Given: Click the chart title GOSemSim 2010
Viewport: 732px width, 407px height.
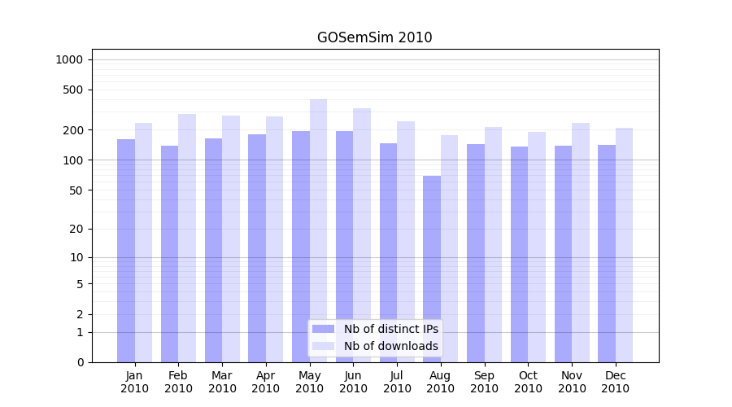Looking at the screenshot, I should [x=374, y=37].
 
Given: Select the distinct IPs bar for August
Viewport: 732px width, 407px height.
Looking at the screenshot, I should [x=432, y=269].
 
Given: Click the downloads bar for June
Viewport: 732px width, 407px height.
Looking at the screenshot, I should [x=362, y=235].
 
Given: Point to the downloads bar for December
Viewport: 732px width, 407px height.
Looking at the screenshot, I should [x=624, y=245].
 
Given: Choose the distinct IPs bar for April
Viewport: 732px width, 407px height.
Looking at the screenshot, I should [x=257, y=248].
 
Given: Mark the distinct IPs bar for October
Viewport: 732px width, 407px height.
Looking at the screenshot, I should [x=519, y=254].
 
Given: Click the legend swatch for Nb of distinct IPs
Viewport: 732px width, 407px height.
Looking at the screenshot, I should [x=323, y=329].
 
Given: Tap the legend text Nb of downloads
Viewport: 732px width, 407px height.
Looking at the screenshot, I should [x=391, y=346].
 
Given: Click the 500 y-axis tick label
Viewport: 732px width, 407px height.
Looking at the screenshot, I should [x=73, y=90].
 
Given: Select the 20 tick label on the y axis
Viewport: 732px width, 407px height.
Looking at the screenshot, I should [x=76, y=229].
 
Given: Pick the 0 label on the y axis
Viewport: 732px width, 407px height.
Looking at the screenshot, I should [x=80, y=362].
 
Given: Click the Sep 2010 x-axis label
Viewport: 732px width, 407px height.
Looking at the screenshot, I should [x=484, y=382].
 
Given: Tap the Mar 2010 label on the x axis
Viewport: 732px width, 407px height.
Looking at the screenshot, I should [x=222, y=382].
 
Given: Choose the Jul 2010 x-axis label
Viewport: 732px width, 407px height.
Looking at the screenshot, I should [x=397, y=382].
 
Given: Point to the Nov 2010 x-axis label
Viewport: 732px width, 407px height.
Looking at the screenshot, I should [x=572, y=382].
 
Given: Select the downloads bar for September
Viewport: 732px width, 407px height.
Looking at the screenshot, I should [x=493, y=244].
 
